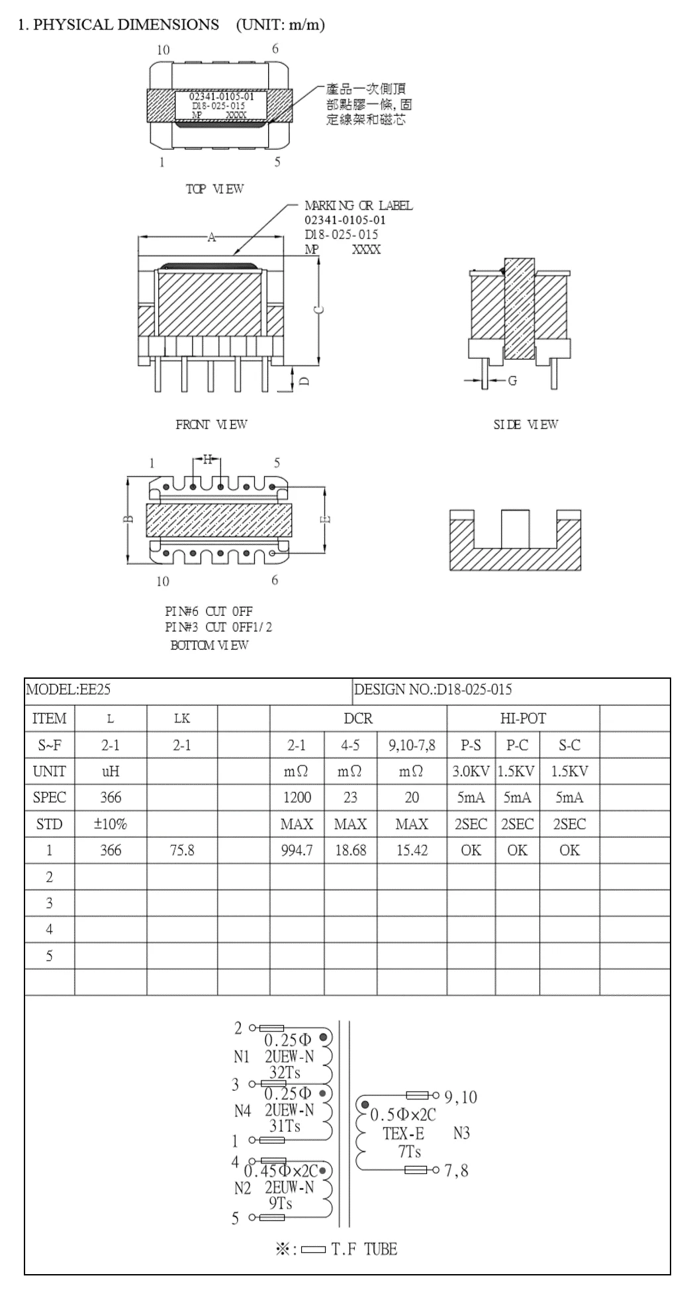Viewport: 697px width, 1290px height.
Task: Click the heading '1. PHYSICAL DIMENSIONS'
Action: click(118, 25)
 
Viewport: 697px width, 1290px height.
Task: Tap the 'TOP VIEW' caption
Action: click(214, 189)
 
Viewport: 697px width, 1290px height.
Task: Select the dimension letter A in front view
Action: click(211, 238)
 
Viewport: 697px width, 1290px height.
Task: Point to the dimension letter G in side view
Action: click(512, 381)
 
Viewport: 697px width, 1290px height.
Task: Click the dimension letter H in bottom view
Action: click(207, 459)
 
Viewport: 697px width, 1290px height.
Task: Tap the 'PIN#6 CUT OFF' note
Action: click(209, 611)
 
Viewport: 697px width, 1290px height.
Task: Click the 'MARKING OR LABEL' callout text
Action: click(358, 206)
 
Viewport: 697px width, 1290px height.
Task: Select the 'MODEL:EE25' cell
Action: click(68, 689)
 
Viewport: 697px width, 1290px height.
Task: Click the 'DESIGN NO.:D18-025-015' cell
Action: click(433, 689)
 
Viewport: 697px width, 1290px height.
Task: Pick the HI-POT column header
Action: click(523, 719)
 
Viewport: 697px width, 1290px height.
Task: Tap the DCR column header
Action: click(358, 719)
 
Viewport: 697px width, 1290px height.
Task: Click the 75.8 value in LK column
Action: click(181, 850)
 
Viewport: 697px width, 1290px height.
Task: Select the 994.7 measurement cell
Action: click(297, 850)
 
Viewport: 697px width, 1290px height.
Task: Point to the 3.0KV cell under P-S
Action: click(471, 771)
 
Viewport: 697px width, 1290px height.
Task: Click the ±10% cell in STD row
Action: click(111, 824)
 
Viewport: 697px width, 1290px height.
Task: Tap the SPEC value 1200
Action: click(297, 798)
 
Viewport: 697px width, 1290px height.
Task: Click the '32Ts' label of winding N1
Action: click(285, 1073)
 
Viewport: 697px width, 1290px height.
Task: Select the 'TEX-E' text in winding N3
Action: click(403, 1134)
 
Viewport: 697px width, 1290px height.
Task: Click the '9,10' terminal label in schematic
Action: click(461, 1097)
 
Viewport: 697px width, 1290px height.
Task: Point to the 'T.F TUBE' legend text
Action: click(364, 1250)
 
